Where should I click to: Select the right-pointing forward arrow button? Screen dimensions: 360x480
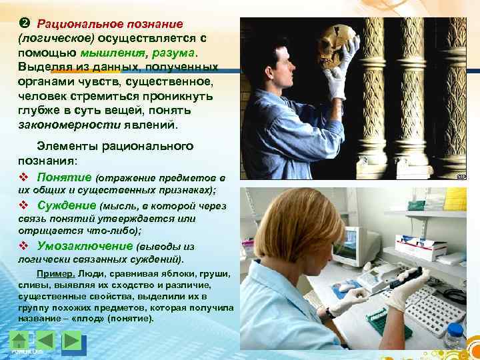click(x=71, y=340)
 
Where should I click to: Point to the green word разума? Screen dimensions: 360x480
click(x=175, y=53)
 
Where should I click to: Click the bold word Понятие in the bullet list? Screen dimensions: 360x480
click(x=65, y=177)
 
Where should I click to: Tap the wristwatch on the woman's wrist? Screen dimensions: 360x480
click(x=330, y=313)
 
